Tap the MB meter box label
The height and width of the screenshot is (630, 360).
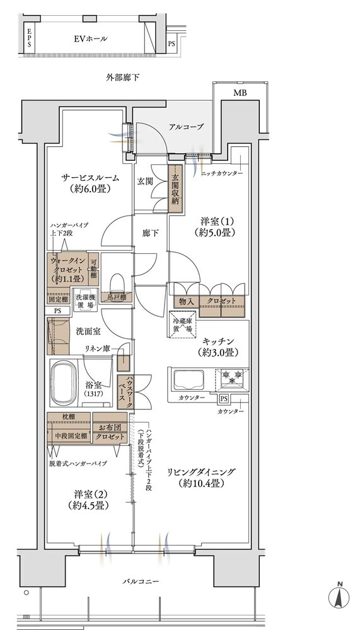pos(240,93)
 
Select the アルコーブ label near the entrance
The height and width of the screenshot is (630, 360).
pos(185,127)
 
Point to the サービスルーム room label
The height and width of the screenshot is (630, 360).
pos(90,183)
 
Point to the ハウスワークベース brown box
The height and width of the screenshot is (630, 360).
pos(123,392)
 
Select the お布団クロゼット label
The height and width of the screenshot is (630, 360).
pos(109,430)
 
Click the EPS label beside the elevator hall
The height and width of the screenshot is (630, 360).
pos(29,40)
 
